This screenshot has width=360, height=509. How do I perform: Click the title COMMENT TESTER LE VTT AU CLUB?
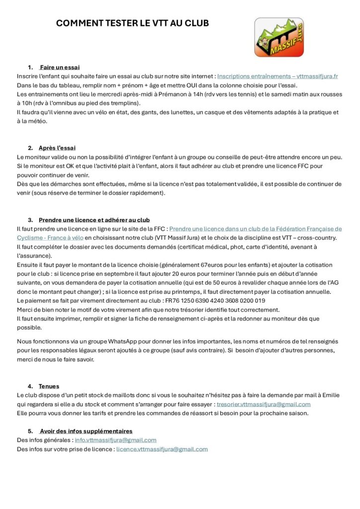pos(132,23)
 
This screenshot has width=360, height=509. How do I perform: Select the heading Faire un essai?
pos(60,67)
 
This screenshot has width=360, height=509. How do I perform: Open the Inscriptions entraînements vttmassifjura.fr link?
pos(277,77)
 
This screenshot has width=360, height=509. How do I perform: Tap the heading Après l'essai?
pos(57,148)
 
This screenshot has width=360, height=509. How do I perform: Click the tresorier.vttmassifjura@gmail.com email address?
pos(264,404)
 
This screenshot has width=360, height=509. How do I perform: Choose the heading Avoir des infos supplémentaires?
pos(86,431)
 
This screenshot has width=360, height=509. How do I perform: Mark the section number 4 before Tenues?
pos(30,386)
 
